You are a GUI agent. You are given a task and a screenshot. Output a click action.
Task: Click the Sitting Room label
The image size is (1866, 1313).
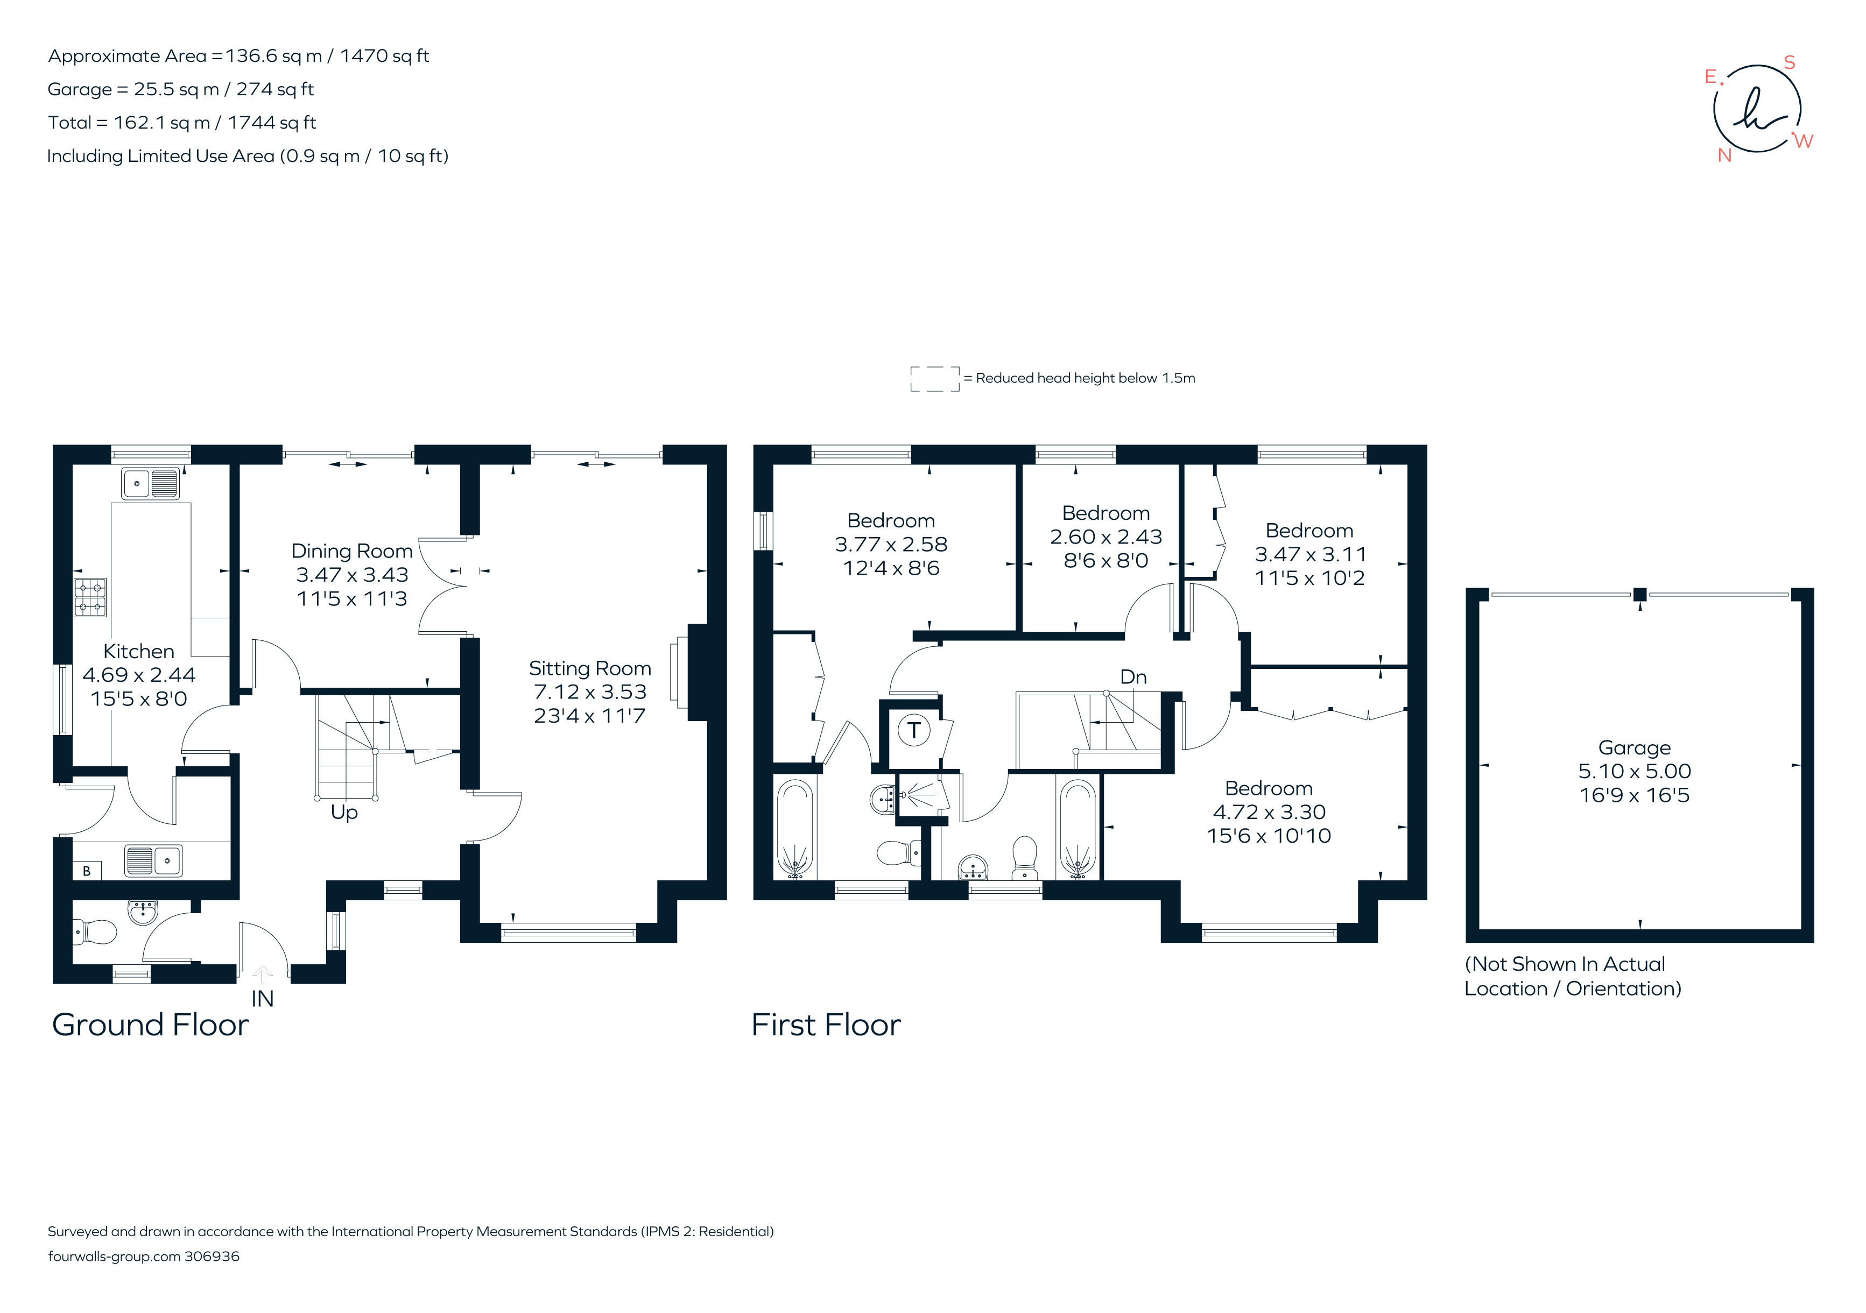click(589, 668)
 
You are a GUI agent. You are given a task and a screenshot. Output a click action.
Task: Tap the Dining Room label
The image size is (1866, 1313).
click(352, 551)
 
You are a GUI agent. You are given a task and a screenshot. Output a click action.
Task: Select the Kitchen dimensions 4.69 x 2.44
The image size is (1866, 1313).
click(139, 674)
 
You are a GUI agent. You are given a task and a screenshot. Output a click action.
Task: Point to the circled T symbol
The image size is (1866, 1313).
click(913, 730)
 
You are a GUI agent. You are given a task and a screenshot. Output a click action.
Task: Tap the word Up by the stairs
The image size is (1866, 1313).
click(344, 811)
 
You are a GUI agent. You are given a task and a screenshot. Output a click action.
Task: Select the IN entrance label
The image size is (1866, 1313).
click(262, 999)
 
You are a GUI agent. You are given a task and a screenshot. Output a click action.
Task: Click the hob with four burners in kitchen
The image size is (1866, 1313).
click(90, 597)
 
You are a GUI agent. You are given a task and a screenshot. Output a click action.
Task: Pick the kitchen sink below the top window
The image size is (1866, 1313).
click(150, 483)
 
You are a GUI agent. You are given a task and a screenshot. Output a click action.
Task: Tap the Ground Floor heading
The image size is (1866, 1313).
click(150, 1025)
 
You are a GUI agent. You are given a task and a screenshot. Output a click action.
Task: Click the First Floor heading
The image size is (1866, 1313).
click(826, 1025)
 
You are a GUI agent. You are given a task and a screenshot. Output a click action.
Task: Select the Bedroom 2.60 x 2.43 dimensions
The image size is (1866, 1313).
click(1105, 537)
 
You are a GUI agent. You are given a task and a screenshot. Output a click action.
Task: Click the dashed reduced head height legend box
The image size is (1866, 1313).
click(935, 379)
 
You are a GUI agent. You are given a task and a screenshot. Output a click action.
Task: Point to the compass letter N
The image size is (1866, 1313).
click(1724, 155)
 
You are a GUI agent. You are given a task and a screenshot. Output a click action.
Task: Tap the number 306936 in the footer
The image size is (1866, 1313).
click(212, 1256)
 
